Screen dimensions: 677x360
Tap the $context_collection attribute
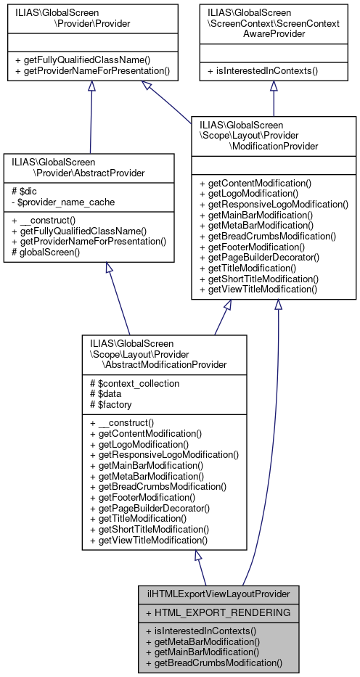pyautogui.click(x=131, y=382)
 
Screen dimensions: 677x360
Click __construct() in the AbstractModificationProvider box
pyautogui.click(x=124, y=423)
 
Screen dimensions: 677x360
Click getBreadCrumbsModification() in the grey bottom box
pyautogui.click(x=213, y=662)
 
